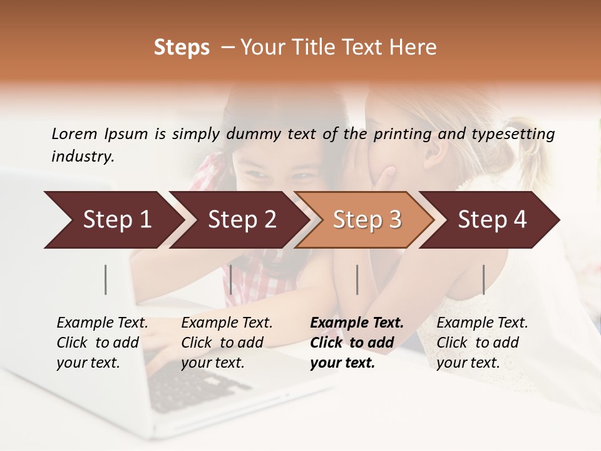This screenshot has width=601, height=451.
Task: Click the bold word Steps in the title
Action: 182,48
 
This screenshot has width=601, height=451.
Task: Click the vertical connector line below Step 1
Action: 106,279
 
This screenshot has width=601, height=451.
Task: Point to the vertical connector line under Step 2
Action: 231,279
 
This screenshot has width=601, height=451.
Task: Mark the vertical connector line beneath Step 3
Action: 357,279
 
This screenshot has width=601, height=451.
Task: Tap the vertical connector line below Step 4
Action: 483,279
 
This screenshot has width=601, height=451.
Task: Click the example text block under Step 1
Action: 102,343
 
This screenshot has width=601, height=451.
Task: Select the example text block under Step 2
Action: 227,343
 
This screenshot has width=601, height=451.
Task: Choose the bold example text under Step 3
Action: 357,343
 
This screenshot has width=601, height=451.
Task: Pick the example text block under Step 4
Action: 482,343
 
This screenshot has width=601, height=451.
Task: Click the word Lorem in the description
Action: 74,133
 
